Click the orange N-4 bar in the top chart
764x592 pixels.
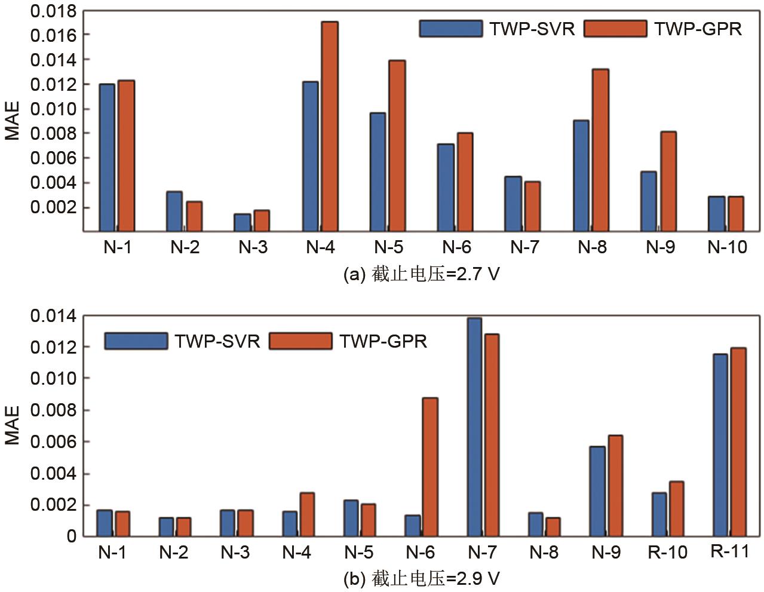(x=330, y=126)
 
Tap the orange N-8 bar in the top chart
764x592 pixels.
(x=600, y=150)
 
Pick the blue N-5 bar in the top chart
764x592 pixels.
(x=378, y=171)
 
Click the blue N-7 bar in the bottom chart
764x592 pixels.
(x=475, y=427)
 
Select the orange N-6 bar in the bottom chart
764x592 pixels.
(x=430, y=467)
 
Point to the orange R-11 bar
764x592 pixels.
(x=739, y=441)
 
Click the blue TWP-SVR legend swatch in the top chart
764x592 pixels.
(x=450, y=29)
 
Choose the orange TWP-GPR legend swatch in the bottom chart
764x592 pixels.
(x=300, y=341)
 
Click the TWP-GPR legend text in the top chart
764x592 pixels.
(x=698, y=29)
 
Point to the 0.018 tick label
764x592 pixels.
(x=54, y=11)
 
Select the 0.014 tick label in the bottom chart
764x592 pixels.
(x=54, y=316)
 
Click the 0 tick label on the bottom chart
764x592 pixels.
(x=72, y=536)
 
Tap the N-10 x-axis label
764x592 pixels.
(x=727, y=247)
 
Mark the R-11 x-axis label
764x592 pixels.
(x=730, y=551)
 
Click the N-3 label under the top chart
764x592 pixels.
(x=253, y=247)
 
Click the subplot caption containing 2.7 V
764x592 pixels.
(x=421, y=274)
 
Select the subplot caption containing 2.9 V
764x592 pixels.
(x=421, y=578)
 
